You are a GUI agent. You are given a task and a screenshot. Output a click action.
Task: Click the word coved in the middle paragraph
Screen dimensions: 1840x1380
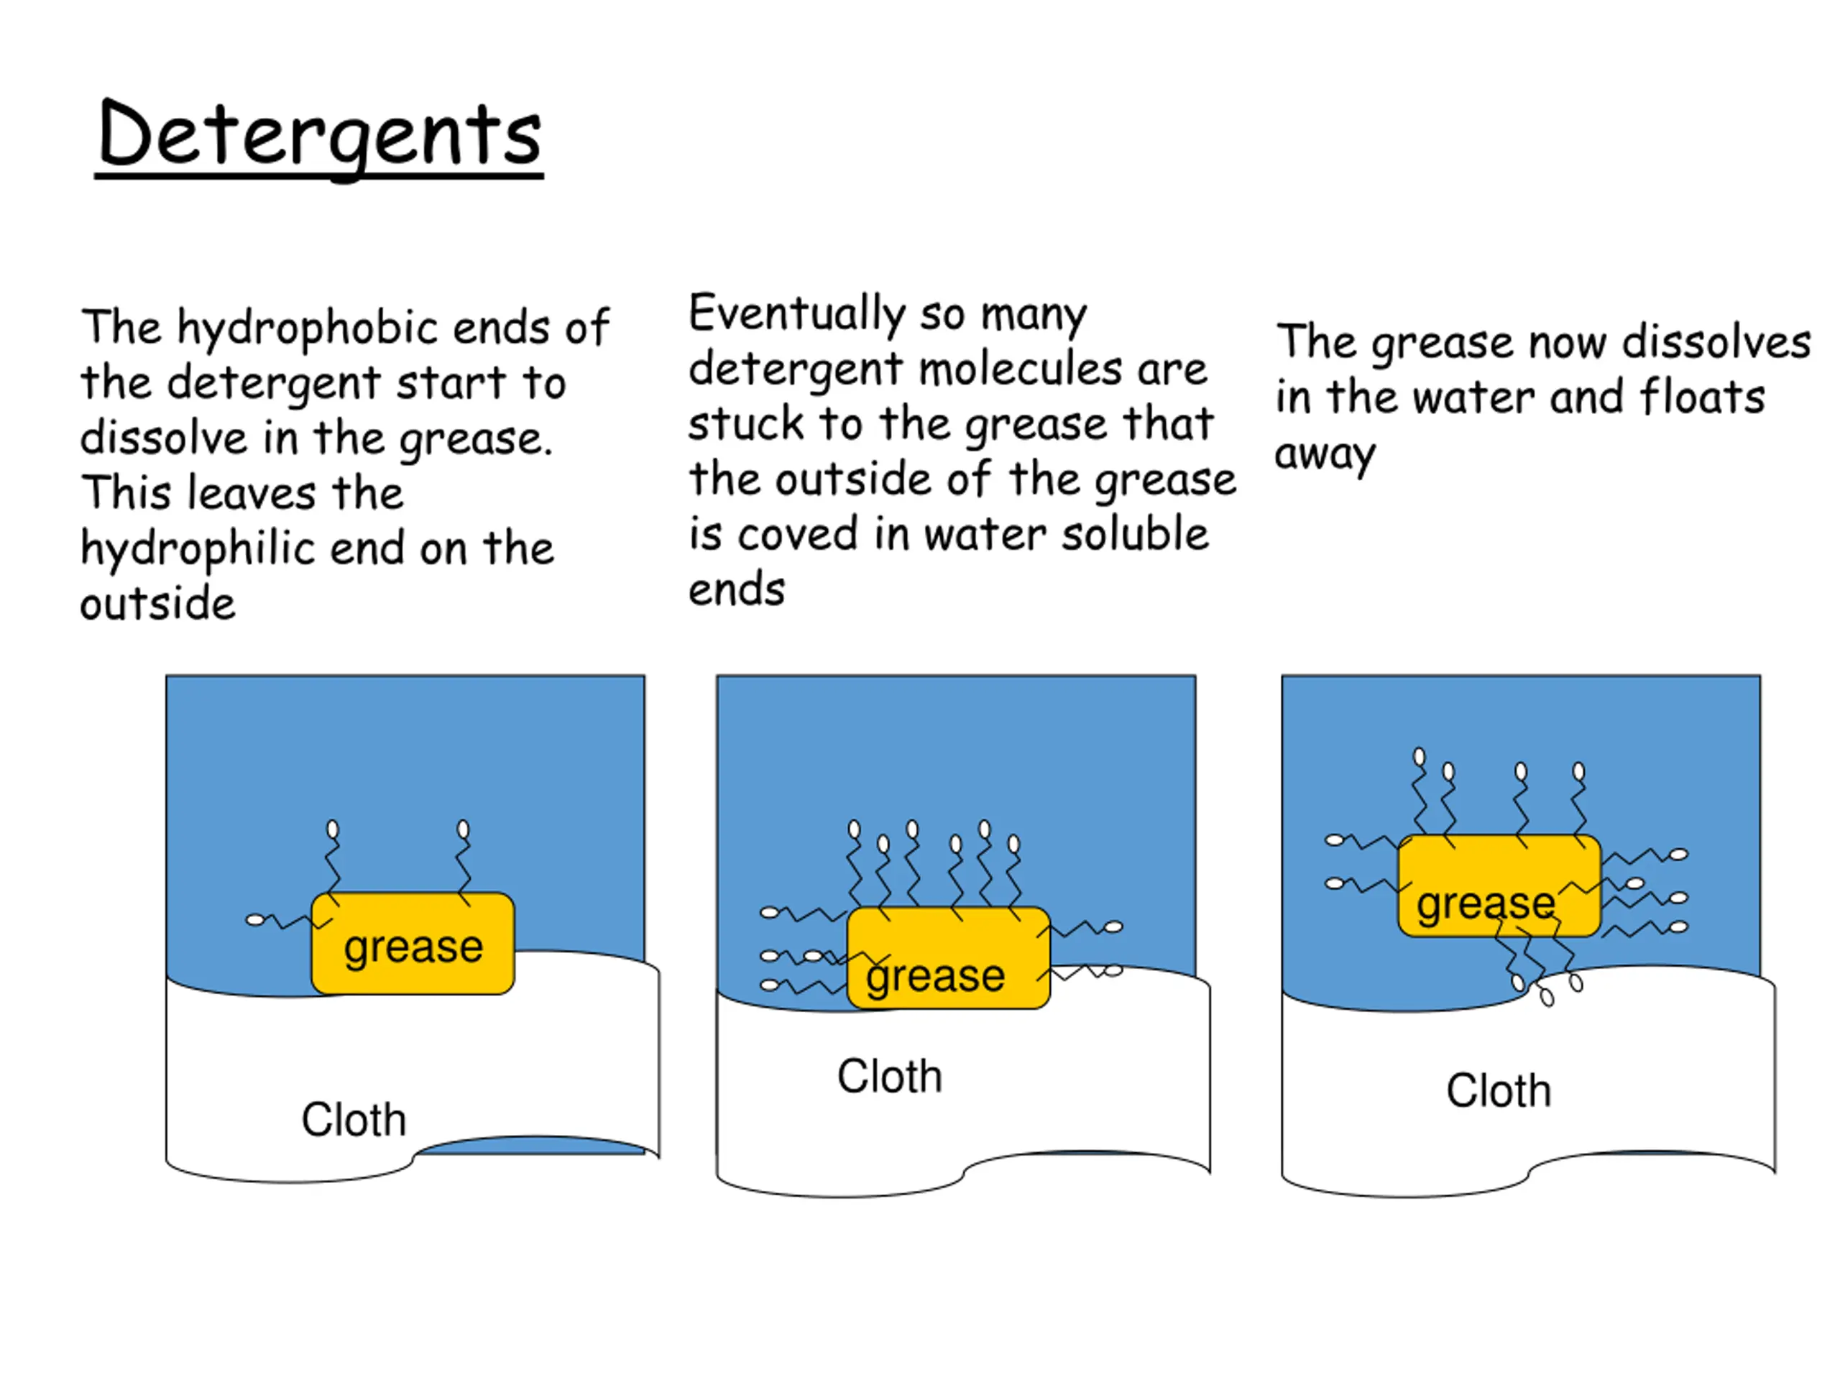pos(797,534)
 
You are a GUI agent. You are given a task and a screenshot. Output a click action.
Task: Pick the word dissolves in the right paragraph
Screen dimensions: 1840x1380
pos(1715,342)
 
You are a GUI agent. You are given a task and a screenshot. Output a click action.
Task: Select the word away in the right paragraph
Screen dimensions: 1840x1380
pos(1324,454)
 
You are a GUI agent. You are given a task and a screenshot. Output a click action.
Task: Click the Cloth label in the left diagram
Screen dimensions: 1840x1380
pos(354,1120)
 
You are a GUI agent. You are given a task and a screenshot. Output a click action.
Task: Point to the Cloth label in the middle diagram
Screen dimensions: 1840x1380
pos(889,1077)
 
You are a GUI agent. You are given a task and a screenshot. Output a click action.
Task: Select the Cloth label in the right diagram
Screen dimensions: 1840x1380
pos(1498,1090)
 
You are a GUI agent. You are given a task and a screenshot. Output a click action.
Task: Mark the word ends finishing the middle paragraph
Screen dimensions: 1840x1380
pos(736,590)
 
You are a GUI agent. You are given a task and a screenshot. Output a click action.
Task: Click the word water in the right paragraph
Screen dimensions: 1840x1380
pos(1473,397)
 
